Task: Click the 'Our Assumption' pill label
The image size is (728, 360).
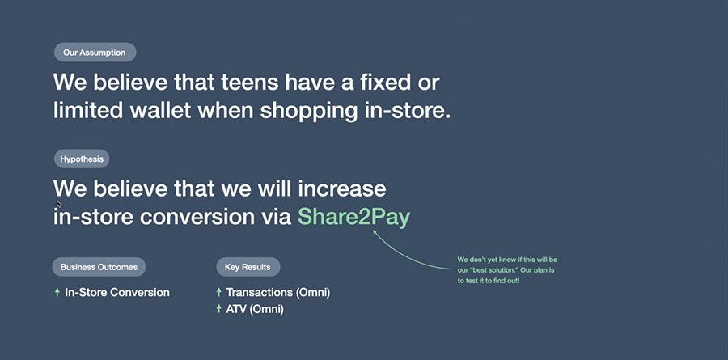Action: (95, 53)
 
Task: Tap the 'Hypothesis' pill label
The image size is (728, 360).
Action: (82, 159)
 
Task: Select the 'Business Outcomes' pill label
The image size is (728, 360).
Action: (99, 267)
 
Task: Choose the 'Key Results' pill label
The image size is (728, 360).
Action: (248, 267)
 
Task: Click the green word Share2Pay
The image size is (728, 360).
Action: (353, 217)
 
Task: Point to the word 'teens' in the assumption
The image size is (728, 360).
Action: (249, 83)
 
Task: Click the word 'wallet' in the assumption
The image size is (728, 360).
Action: (161, 111)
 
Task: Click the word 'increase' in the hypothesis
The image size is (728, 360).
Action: (341, 188)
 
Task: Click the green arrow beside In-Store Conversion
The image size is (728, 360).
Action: (57, 292)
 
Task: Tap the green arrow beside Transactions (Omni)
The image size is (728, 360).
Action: (218, 292)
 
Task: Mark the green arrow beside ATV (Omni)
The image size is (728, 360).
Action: (218, 309)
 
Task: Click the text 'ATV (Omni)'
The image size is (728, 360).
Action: (255, 309)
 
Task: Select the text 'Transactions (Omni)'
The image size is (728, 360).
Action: (278, 293)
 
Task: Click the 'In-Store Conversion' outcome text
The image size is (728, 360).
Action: (117, 293)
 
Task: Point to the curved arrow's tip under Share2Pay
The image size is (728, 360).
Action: (373, 230)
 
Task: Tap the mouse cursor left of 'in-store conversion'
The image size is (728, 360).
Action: (58, 203)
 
